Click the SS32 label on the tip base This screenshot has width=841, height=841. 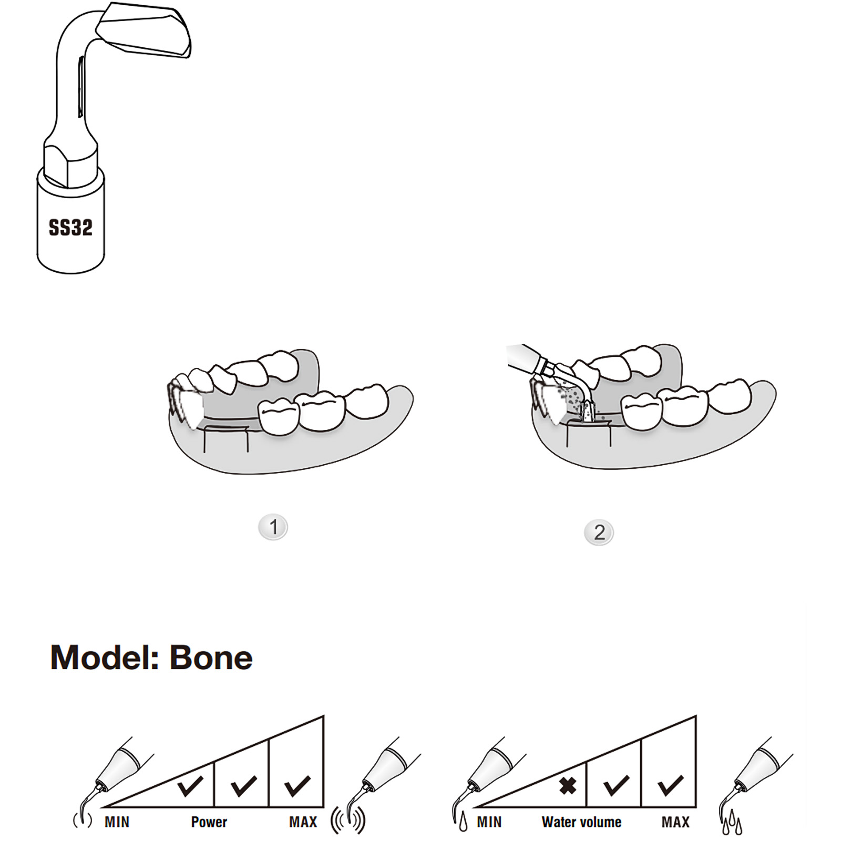click(x=70, y=227)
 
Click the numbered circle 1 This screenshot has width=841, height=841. click(x=273, y=527)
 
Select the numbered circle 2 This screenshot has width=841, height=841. click(x=599, y=532)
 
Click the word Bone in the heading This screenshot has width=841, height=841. click(x=211, y=658)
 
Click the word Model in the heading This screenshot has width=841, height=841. click(x=104, y=658)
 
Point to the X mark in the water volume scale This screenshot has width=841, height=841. click(x=568, y=786)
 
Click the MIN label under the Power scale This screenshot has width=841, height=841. click(x=117, y=822)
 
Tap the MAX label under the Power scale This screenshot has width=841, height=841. click(x=303, y=822)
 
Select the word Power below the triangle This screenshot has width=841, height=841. click(x=209, y=822)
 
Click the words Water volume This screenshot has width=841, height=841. click(x=581, y=822)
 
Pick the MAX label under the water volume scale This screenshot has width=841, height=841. click(x=675, y=822)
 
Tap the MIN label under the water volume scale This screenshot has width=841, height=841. click(x=489, y=822)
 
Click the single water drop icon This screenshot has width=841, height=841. click(x=463, y=822)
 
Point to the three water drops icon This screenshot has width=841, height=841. click(x=732, y=823)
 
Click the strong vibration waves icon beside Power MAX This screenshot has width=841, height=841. click(x=348, y=821)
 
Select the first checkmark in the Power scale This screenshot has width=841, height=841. click(x=190, y=786)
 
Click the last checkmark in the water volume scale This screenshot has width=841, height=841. click(x=671, y=786)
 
